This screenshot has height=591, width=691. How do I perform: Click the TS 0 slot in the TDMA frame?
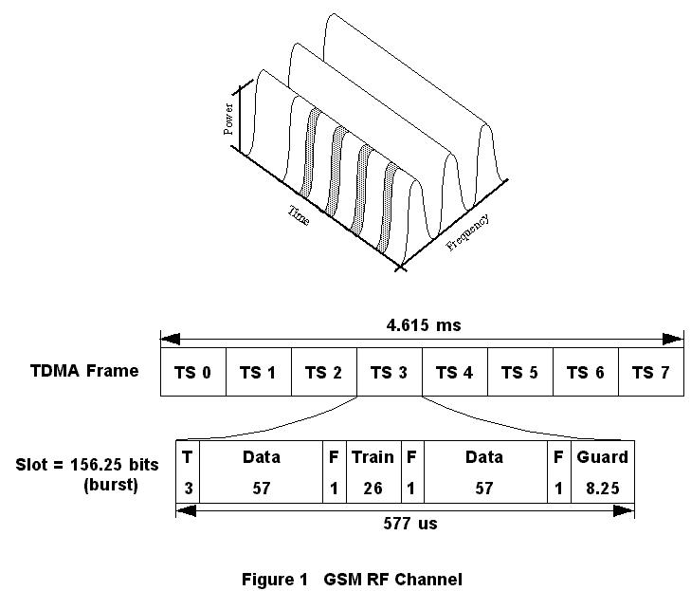[x=193, y=372]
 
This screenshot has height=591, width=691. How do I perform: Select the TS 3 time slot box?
[x=389, y=372]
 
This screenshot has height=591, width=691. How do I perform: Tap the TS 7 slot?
[x=650, y=372]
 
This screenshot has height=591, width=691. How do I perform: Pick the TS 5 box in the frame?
[x=519, y=372]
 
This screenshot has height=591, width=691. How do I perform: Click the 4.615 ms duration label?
[x=424, y=325]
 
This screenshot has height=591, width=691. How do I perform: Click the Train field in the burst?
[x=373, y=457]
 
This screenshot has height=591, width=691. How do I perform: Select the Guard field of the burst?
[x=602, y=457]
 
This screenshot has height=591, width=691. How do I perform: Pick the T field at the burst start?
[x=188, y=457]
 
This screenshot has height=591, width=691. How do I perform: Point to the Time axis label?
[x=299, y=215]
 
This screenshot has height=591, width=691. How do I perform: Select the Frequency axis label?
[x=468, y=232]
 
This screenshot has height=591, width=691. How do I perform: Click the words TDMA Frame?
[x=84, y=371]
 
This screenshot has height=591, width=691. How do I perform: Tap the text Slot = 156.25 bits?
[x=87, y=466]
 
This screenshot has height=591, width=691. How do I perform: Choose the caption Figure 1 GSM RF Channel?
[x=352, y=579]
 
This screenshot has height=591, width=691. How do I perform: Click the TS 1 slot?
[x=258, y=372]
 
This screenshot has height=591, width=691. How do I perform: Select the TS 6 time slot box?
[x=585, y=372]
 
